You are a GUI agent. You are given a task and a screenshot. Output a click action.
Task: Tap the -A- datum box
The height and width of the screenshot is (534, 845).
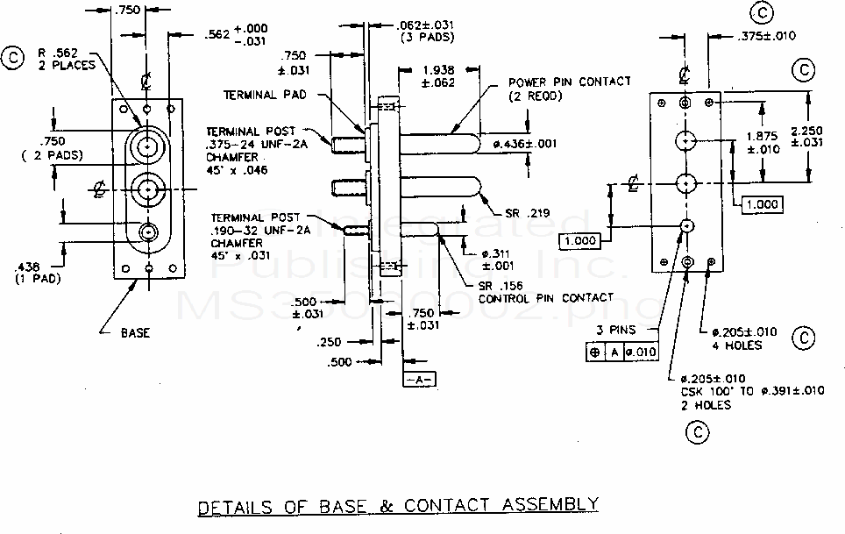click(x=420, y=379)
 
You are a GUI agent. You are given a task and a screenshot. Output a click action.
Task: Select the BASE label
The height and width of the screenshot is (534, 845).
click(x=136, y=332)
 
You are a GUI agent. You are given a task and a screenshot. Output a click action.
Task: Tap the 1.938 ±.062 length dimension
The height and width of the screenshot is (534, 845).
click(x=438, y=77)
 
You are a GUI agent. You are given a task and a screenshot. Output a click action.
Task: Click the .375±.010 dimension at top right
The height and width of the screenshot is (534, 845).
click(x=764, y=36)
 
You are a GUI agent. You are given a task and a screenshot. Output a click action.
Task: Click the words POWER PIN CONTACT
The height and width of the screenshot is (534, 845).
click(x=570, y=82)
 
